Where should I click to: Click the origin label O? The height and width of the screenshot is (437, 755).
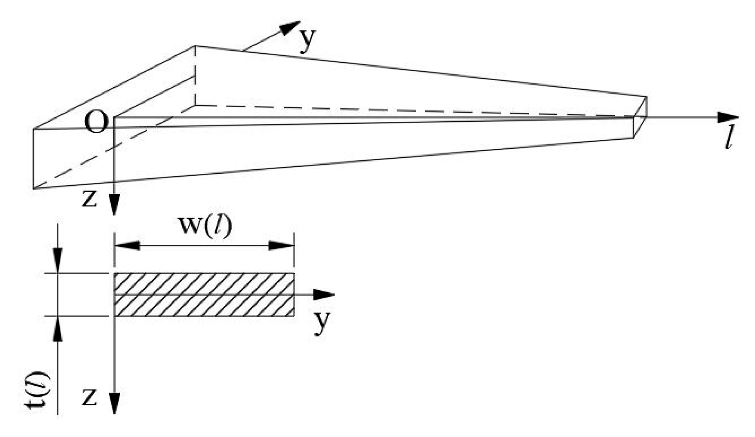point(96,122)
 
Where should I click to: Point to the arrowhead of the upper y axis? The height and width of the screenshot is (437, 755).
point(291,27)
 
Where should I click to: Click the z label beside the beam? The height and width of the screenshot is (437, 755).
point(90,199)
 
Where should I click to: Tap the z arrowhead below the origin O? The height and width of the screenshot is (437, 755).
point(114,205)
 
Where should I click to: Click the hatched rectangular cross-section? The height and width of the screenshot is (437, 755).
point(204,295)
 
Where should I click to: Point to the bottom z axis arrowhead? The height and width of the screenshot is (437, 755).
point(114,403)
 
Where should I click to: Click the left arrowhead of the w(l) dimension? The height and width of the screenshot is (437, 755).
point(127,246)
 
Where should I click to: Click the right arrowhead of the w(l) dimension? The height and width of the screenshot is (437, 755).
point(282,246)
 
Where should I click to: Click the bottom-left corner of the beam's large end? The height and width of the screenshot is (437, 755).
point(34,188)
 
